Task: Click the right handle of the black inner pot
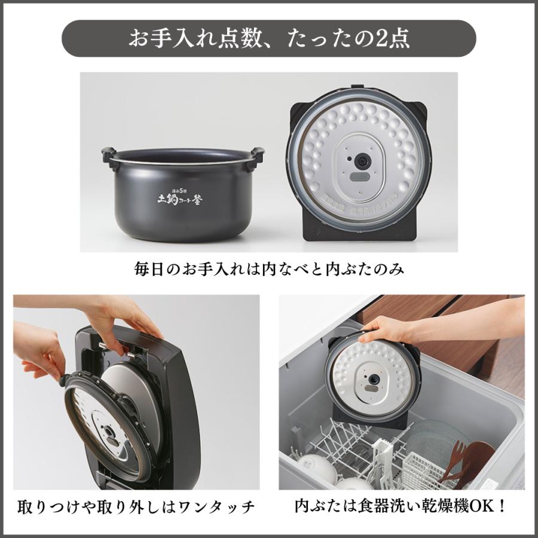tap(257, 155)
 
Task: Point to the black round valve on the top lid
tap(362, 161)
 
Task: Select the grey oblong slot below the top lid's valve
tap(359, 177)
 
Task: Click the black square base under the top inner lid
tap(359, 230)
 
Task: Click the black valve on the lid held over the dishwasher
tap(374, 379)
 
